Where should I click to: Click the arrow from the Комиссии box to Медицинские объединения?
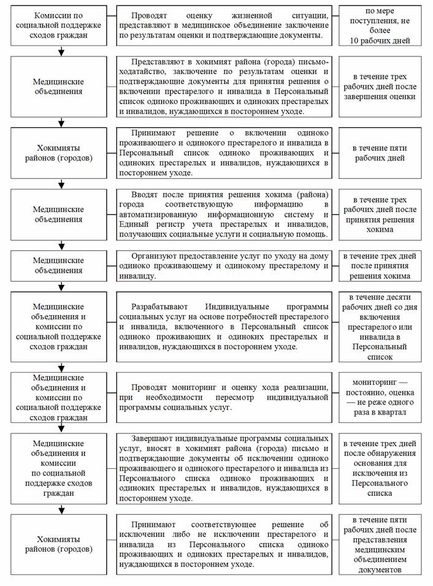tap(60, 51)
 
